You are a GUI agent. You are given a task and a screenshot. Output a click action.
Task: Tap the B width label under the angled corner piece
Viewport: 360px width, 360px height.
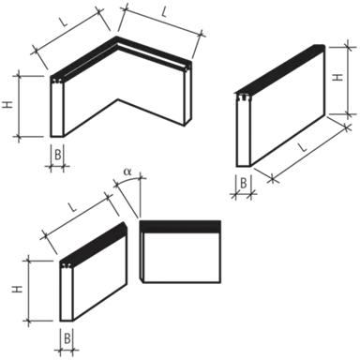click(58, 156)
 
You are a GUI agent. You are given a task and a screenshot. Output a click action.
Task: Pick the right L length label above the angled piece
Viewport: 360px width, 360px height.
click(165, 13)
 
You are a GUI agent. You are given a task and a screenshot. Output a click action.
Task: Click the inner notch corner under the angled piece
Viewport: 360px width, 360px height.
click(118, 100)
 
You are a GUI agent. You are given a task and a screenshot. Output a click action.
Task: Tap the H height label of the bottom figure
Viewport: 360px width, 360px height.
click(13, 292)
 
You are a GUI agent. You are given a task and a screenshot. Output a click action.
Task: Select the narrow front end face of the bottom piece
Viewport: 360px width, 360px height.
click(67, 294)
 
